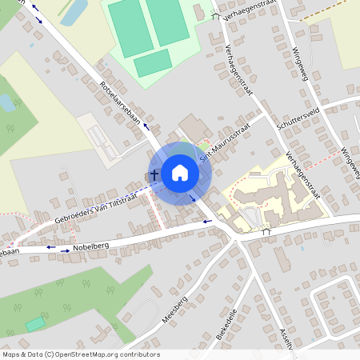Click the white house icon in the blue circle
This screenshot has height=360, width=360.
180,172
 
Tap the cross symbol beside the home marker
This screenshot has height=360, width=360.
153,174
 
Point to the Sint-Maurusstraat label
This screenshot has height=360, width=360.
226,142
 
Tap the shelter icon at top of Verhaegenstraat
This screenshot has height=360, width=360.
214,15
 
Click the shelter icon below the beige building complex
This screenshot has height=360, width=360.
266,231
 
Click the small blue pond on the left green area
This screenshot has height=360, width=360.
6,102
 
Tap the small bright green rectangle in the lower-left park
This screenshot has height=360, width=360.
34,323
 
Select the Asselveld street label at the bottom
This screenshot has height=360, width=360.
284,339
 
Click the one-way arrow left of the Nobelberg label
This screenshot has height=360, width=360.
51,248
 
